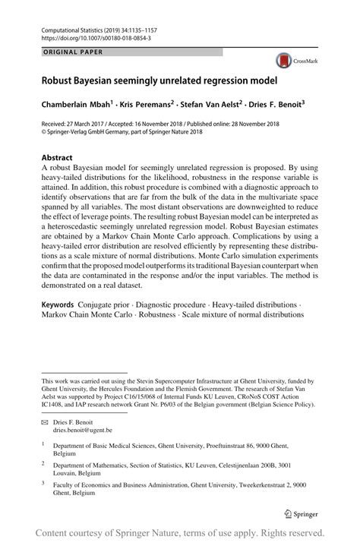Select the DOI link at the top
[x=96, y=37]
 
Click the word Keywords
[x=58, y=326]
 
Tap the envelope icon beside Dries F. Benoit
[x=46, y=421]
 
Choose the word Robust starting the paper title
[x=62, y=80]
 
